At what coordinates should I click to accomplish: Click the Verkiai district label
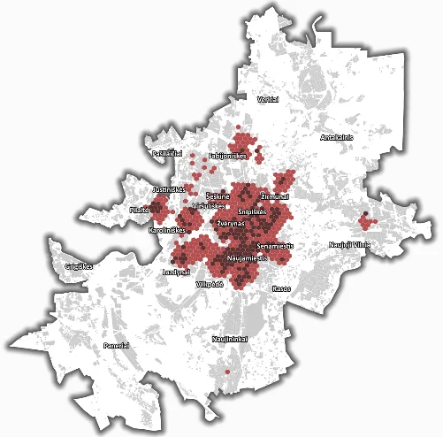tap(268, 100)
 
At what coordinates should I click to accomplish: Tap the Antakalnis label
tap(336, 137)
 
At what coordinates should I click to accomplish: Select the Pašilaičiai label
tap(166, 153)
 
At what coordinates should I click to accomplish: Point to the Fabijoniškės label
tap(225, 156)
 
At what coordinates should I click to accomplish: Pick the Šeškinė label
tap(218, 195)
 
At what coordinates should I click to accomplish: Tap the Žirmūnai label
tap(275, 195)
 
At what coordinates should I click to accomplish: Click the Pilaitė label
tap(140, 211)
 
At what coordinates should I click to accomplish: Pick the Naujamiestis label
tap(247, 257)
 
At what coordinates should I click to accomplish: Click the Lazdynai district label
tap(178, 272)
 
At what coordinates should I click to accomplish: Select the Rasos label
tap(282, 288)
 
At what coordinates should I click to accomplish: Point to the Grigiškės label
tap(80, 265)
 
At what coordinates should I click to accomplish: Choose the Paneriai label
tap(117, 345)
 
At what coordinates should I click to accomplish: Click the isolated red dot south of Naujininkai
tap(227, 372)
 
